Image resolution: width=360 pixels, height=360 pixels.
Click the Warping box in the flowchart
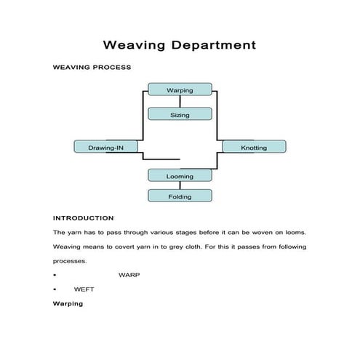point(180,89)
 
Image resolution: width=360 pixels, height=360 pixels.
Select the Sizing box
point(180,114)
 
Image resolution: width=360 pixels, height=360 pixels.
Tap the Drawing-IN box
point(106,147)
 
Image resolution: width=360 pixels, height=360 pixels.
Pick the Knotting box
point(253,147)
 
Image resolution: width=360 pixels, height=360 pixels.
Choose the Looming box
point(180,175)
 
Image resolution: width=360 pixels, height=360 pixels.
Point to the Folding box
point(180,196)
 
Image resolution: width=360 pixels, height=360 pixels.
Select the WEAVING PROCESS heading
point(92,68)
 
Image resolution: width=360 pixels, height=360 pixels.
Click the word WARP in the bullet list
point(129,276)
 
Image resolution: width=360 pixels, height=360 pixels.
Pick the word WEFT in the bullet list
point(84,289)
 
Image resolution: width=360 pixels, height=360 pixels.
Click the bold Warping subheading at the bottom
point(68,303)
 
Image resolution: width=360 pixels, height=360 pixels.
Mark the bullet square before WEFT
point(55,289)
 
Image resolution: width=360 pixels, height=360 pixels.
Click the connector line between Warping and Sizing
point(180,102)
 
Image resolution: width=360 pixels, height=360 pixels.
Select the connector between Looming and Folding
point(180,185)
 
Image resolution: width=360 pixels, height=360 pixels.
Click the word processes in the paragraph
point(70,261)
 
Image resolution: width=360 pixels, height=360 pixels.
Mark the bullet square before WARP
point(55,276)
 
